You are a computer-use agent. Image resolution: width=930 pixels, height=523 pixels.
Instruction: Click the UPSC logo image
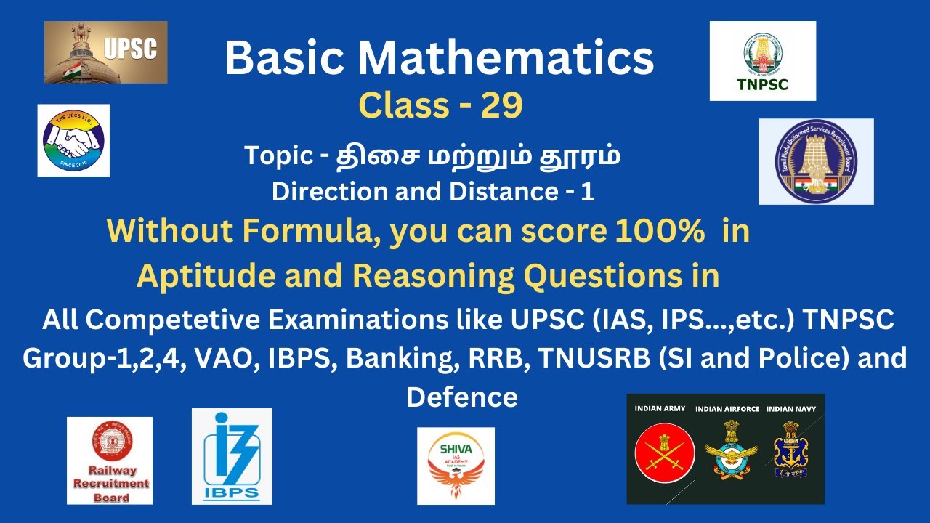(x=105, y=52)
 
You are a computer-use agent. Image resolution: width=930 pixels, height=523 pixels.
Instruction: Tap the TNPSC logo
(x=762, y=60)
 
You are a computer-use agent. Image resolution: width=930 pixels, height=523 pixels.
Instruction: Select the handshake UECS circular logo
(x=73, y=140)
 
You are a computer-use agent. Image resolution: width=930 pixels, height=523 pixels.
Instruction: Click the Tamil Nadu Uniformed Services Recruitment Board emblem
(x=816, y=161)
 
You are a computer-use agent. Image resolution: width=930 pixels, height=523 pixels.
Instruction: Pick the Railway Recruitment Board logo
(x=110, y=461)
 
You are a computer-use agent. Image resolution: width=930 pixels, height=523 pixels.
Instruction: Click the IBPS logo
(x=232, y=456)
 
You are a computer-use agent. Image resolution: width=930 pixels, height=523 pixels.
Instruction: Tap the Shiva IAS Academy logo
(x=456, y=466)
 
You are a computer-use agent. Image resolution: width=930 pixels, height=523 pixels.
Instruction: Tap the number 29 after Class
(x=501, y=106)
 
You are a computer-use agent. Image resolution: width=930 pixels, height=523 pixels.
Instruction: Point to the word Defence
(x=462, y=397)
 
